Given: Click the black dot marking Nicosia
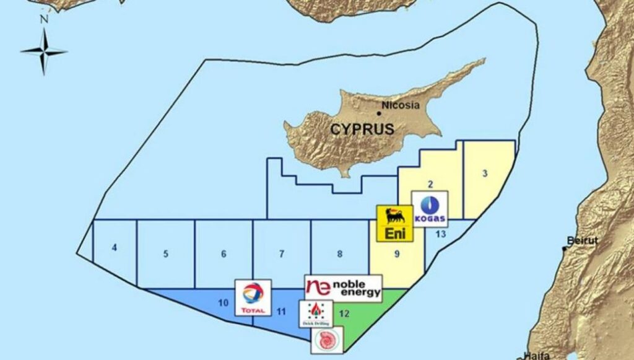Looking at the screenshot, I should pyautogui.click(x=379, y=113).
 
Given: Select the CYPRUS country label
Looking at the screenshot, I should pyautogui.click(x=362, y=130).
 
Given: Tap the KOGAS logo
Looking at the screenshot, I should pyautogui.click(x=430, y=209).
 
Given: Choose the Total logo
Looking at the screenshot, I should pyautogui.click(x=253, y=297).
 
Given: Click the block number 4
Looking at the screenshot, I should pyautogui.click(x=115, y=248).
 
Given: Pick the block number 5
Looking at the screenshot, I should pyautogui.click(x=166, y=253).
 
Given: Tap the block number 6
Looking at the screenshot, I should pyautogui.click(x=224, y=253).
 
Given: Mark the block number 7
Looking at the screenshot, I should pyautogui.click(x=282, y=253).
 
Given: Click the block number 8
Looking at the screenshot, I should pyautogui.click(x=340, y=253).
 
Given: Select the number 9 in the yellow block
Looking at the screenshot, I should pyautogui.click(x=397, y=253).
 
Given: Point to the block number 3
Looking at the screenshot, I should pyautogui.click(x=485, y=173).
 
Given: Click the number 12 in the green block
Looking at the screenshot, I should pyautogui.click(x=344, y=314).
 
